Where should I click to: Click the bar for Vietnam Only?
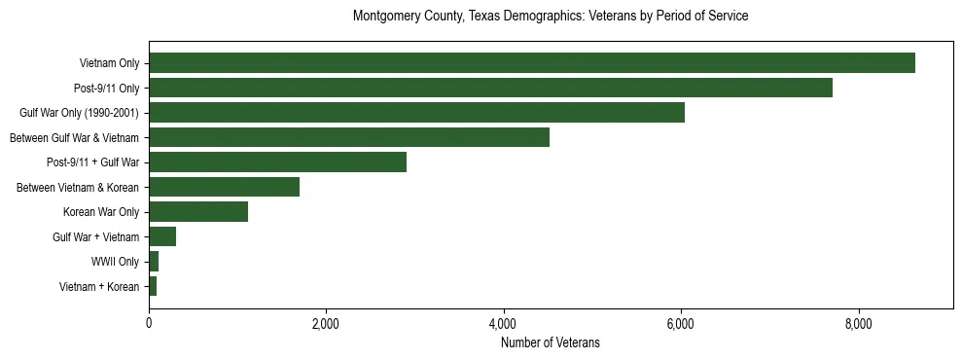[531, 63]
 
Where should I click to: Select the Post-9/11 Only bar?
[490, 88]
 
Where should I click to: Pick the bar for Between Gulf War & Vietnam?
[348, 137]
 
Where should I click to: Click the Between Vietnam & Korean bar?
[224, 187]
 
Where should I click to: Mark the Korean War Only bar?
[198, 212]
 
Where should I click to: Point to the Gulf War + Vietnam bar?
[162, 236]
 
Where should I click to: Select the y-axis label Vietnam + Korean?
[99, 286]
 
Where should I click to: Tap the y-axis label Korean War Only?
[101, 212]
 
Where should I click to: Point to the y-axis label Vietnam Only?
[109, 63]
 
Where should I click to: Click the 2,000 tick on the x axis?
[326, 323]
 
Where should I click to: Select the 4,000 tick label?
[503, 323]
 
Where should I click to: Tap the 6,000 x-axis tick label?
[681, 323]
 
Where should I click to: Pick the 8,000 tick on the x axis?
[858, 323]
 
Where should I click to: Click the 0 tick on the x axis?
[149, 323]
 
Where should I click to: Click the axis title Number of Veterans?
[550, 342]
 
